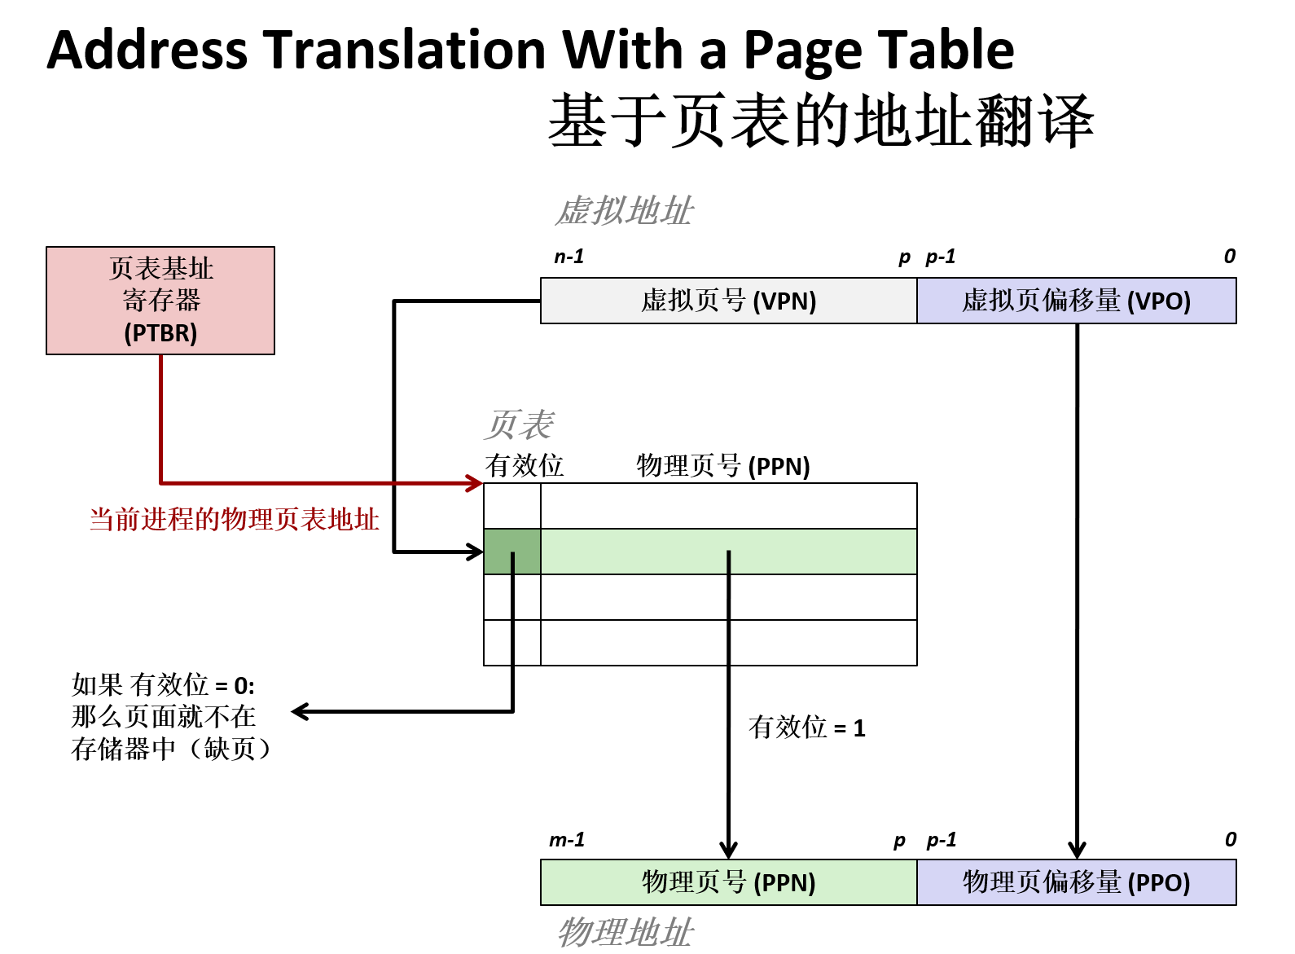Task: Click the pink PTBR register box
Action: (160, 301)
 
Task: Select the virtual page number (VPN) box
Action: (728, 301)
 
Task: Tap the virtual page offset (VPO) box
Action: (1076, 301)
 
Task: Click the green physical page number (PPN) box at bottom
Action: (728, 882)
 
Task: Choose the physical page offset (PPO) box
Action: (1076, 882)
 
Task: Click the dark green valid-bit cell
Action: (511, 552)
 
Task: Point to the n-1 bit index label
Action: (568, 257)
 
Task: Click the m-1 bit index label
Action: (567, 840)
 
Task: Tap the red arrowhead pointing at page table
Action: (475, 483)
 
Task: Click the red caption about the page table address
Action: (234, 519)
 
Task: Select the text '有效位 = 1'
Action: (806, 728)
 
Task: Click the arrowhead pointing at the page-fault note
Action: (299, 712)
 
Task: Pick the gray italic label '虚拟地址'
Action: (624, 211)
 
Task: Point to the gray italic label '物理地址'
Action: (625, 932)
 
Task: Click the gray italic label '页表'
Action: (519, 424)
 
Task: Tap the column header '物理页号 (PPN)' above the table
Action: (722, 466)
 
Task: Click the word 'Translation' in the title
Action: (405, 50)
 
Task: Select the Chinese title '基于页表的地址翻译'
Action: (821, 121)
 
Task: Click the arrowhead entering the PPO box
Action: (1077, 850)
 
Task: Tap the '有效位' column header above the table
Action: (524, 466)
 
